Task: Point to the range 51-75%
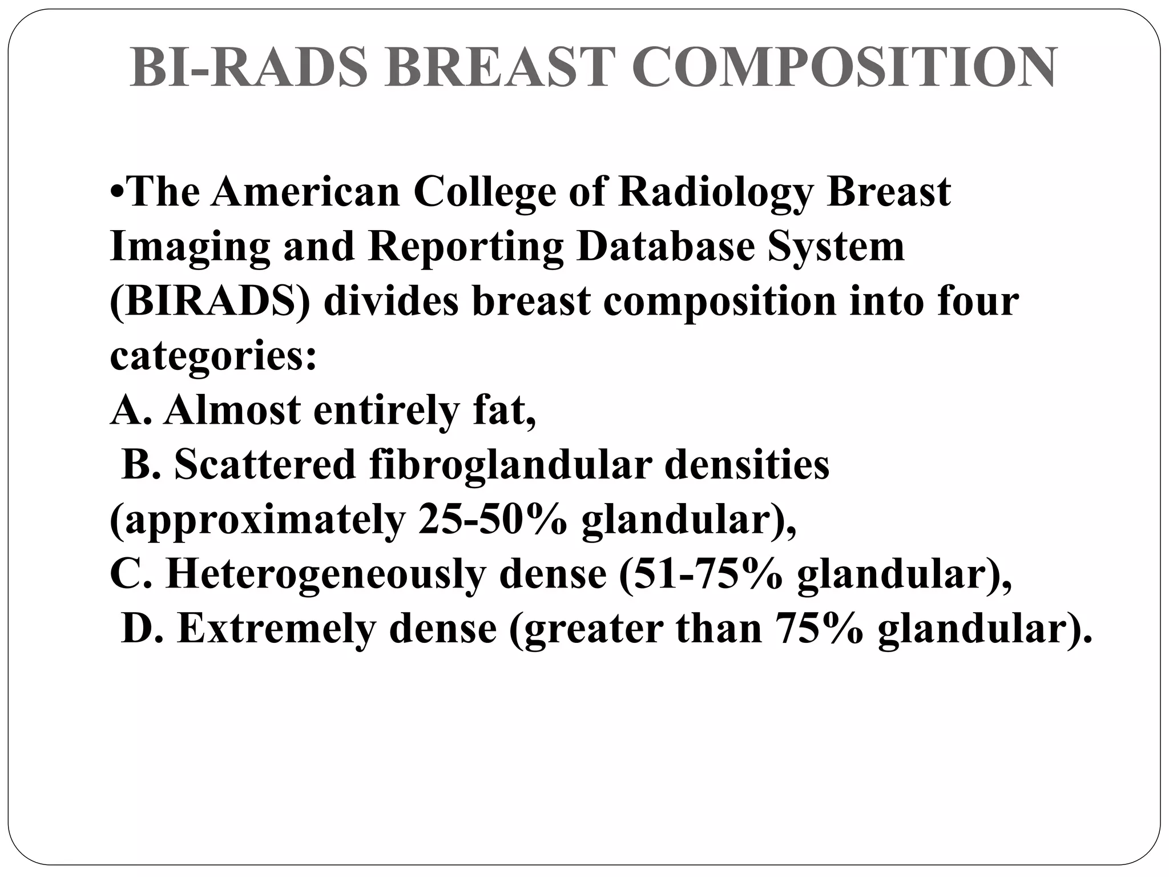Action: [x=706, y=574]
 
